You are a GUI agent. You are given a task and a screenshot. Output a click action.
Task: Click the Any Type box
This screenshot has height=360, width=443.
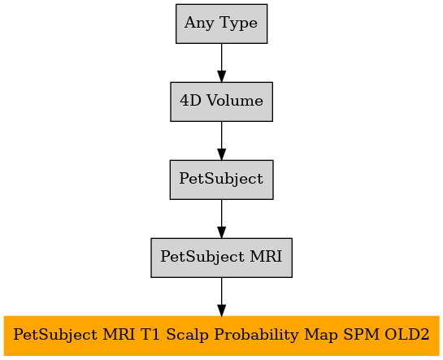(221, 24)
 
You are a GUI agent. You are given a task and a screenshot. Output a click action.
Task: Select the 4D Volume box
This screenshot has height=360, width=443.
(221, 102)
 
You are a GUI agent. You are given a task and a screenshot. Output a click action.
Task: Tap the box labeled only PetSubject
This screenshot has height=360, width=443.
(221, 180)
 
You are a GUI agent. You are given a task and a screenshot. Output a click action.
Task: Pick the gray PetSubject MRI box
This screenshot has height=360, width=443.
(221, 258)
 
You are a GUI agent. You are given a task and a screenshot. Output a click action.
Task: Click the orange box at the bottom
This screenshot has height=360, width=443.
(221, 336)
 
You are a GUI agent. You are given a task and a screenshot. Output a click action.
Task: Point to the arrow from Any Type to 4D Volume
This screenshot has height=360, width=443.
(221, 63)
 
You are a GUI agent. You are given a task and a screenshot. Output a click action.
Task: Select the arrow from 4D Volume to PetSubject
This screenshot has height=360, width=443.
(221, 141)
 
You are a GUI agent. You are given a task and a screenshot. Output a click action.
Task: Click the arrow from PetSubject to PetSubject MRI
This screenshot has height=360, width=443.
(221, 219)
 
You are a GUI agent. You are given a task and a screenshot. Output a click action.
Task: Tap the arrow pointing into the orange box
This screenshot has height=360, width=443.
(221, 297)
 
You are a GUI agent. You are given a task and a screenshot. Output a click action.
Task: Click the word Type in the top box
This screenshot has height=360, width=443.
(238, 23)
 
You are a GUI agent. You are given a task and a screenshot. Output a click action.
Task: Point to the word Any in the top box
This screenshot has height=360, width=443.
(199, 23)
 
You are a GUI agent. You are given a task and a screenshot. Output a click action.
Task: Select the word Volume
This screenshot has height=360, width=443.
(235, 101)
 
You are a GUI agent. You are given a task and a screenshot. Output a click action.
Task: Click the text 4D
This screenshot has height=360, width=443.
(190, 101)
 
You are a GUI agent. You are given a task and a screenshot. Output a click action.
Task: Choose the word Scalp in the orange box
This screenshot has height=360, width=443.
(187, 335)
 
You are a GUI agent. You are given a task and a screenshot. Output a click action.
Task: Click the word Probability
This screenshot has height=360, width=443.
(256, 335)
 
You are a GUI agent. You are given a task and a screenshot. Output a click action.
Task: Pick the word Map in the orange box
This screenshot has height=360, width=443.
(320, 335)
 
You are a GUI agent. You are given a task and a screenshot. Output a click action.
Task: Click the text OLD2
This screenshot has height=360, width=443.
(406, 335)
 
